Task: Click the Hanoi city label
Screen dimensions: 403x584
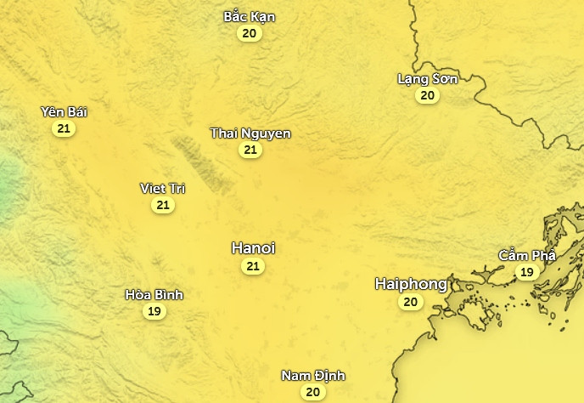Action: coord(253,248)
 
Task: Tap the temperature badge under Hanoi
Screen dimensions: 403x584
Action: coord(252,266)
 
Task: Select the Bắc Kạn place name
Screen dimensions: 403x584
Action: coord(249,17)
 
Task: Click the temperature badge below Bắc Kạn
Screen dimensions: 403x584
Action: coord(249,33)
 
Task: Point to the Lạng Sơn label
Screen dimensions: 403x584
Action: coord(427,79)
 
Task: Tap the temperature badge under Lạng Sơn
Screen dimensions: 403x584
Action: coord(427,95)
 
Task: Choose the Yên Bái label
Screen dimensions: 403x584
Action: coord(64,112)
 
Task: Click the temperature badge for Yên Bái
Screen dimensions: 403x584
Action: coord(63,128)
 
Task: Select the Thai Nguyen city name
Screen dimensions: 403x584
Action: coord(250,133)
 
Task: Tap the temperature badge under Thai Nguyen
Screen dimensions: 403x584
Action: coord(250,150)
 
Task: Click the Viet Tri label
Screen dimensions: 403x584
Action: coord(162,189)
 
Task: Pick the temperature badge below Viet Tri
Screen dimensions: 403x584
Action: coord(163,205)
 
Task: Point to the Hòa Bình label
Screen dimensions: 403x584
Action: coord(154,295)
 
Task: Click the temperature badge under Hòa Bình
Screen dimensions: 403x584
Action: coord(154,311)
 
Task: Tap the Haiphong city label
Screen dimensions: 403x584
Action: coord(411,285)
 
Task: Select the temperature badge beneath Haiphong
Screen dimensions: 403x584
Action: coord(411,302)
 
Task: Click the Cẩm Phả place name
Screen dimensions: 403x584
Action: coord(526,256)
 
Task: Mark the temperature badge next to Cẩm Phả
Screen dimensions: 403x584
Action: coord(526,272)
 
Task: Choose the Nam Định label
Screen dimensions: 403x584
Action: coord(313,376)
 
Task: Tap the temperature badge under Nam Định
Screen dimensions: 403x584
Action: coord(312,392)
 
